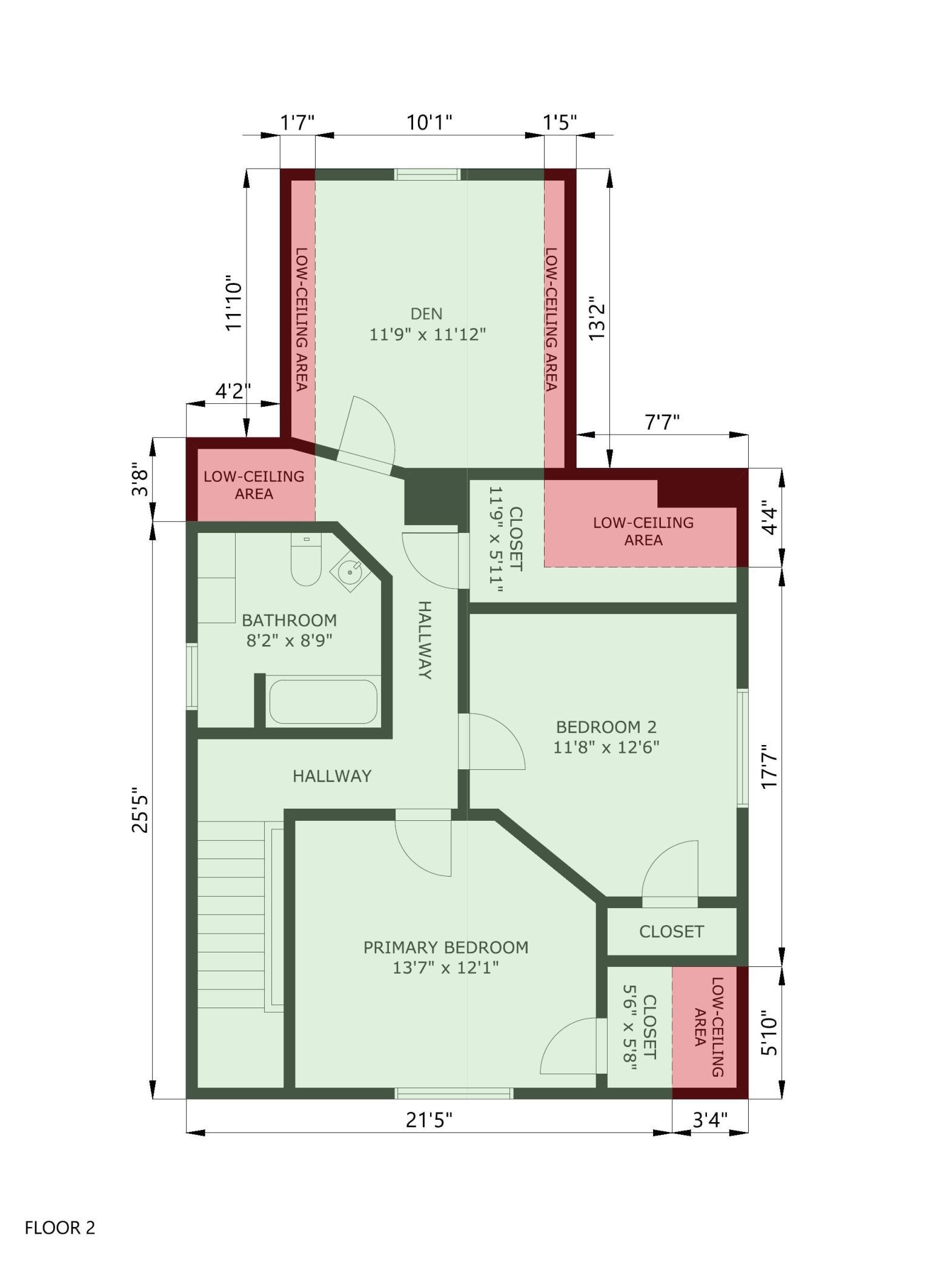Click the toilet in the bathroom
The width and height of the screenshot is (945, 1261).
(x=306, y=559)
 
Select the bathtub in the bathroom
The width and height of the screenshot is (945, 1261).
(x=323, y=701)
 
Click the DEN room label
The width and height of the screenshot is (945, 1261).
(x=426, y=313)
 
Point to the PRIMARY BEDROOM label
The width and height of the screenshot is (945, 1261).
(x=446, y=947)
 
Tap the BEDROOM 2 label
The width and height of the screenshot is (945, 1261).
(x=606, y=726)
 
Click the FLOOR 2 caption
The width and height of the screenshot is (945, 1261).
(x=60, y=1228)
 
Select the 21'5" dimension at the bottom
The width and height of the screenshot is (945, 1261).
(x=429, y=1120)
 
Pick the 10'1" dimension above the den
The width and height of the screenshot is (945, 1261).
(x=429, y=122)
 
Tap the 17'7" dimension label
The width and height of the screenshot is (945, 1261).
(x=769, y=766)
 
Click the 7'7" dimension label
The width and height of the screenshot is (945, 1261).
(x=661, y=421)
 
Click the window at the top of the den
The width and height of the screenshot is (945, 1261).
(x=428, y=175)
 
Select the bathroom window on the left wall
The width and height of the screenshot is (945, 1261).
(x=192, y=677)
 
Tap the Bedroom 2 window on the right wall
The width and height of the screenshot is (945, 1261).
(x=743, y=748)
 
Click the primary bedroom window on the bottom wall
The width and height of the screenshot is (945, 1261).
(x=454, y=1093)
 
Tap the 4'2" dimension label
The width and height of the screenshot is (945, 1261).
(x=233, y=390)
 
